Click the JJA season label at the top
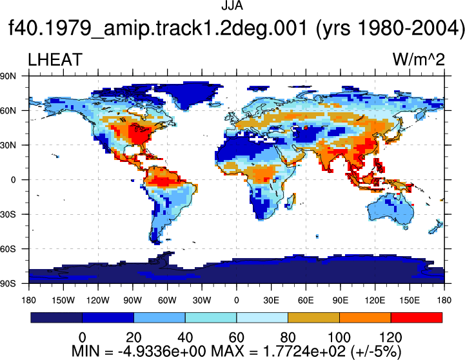click(x=232, y=6)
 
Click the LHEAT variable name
click(x=55, y=59)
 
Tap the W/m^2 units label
click(x=419, y=59)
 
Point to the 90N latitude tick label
click(x=8, y=76)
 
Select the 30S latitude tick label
click(x=8, y=214)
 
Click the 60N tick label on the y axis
click(x=8, y=111)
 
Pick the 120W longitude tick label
click(x=98, y=301)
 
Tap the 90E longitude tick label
click(x=340, y=301)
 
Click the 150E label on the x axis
click(x=410, y=301)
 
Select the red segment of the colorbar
click(x=417, y=317)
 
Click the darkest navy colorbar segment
click(x=56, y=317)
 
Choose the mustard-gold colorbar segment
click(x=313, y=317)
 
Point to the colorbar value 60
click(x=236, y=338)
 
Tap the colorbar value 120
click(x=391, y=338)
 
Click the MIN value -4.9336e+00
click(x=162, y=352)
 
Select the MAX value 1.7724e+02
click(x=304, y=352)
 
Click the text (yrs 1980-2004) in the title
click(x=390, y=28)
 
